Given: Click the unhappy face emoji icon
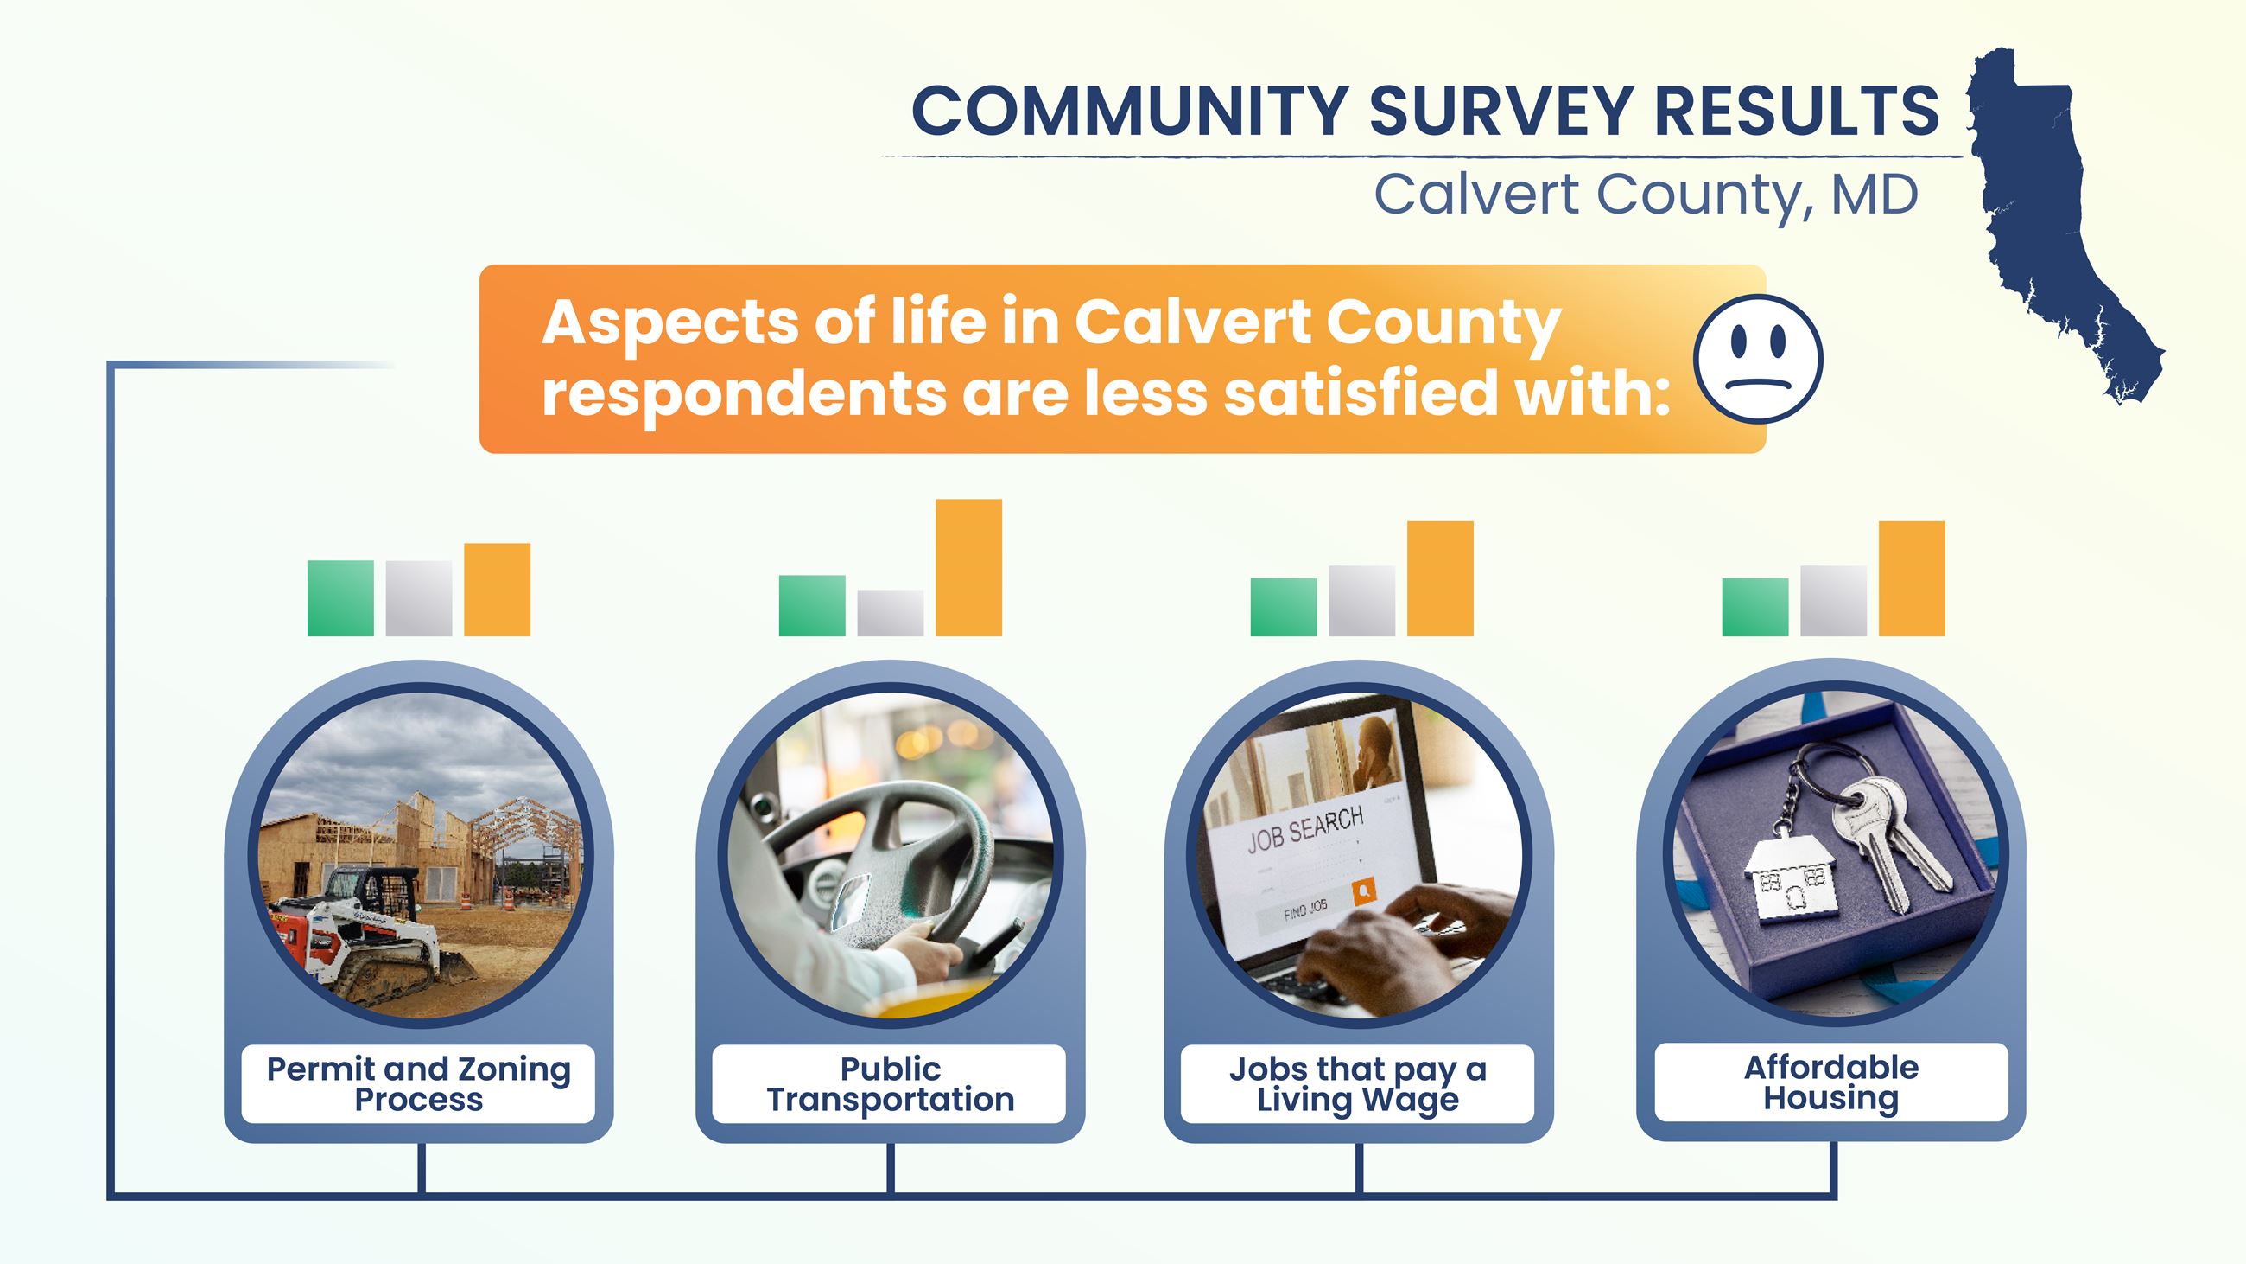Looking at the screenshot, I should click(x=1758, y=360).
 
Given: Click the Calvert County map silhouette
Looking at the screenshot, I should click(x=2040, y=218).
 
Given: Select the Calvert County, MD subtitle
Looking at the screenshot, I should click(x=1646, y=195).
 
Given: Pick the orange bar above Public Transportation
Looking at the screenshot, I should click(x=968, y=567).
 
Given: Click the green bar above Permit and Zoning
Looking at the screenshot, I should click(x=340, y=598).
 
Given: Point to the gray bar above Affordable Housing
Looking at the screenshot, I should click(x=1833, y=601).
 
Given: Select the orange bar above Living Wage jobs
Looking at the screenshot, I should click(x=1439, y=578).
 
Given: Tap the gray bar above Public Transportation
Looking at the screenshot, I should click(x=890, y=612).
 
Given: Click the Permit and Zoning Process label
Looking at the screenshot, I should click(x=418, y=1083).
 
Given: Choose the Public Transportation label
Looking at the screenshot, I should click(x=890, y=1083).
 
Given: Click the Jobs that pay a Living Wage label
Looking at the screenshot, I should click(x=1358, y=1083).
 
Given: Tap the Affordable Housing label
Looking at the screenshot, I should click(x=1831, y=1082).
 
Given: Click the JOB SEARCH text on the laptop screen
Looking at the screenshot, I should click(x=1304, y=829).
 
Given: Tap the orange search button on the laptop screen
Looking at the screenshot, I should click(x=1364, y=891).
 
